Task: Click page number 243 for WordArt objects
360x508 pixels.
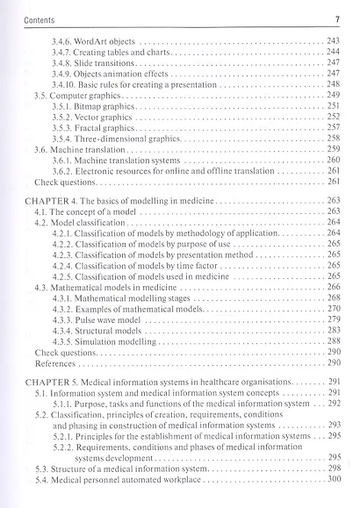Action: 333,42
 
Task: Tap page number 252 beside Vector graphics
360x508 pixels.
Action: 333,117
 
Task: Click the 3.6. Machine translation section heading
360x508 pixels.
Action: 78,149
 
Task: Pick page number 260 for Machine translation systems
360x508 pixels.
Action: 333,160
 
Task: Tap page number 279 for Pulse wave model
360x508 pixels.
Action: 333,319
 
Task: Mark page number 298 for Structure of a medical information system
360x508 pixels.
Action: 333,469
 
